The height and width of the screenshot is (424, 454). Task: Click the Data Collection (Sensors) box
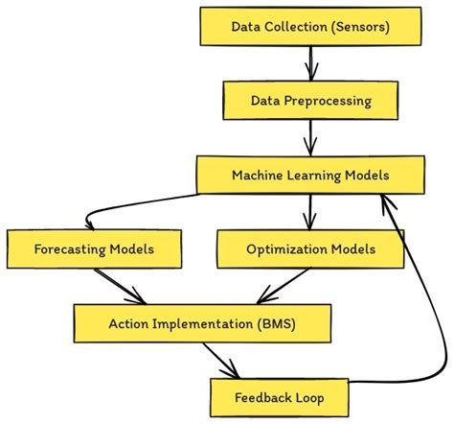pyautogui.click(x=310, y=26)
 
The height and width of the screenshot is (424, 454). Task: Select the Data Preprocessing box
pyautogui.click(x=310, y=99)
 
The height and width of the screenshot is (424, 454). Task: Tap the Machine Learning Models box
pyautogui.click(x=310, y=175)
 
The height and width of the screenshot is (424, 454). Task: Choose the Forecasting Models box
pyautogui.click(x=94, y=249)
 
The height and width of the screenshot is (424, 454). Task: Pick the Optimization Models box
pyautogui.click(x=310, y=249)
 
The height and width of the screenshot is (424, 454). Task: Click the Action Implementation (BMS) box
pyautogui.click(x=202, y=323)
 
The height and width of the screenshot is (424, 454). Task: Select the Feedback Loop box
pyautogui.click(x=278, y=395)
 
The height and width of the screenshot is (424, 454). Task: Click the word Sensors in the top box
pyautogui.click(x=359, y=26)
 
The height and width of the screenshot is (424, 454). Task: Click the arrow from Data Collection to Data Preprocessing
pyautogui.click(x=310, y=62)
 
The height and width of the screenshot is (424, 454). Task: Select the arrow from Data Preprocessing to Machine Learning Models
pyautogui.click(x=310, y=137)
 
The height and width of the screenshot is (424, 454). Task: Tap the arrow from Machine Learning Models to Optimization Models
pyautogui.click(x=310, y=211)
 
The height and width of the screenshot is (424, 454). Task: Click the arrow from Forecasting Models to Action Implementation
pyautogui.click(x=120, y=287)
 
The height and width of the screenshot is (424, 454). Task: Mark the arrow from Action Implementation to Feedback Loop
pyautogui.click(x=223, y=360)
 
